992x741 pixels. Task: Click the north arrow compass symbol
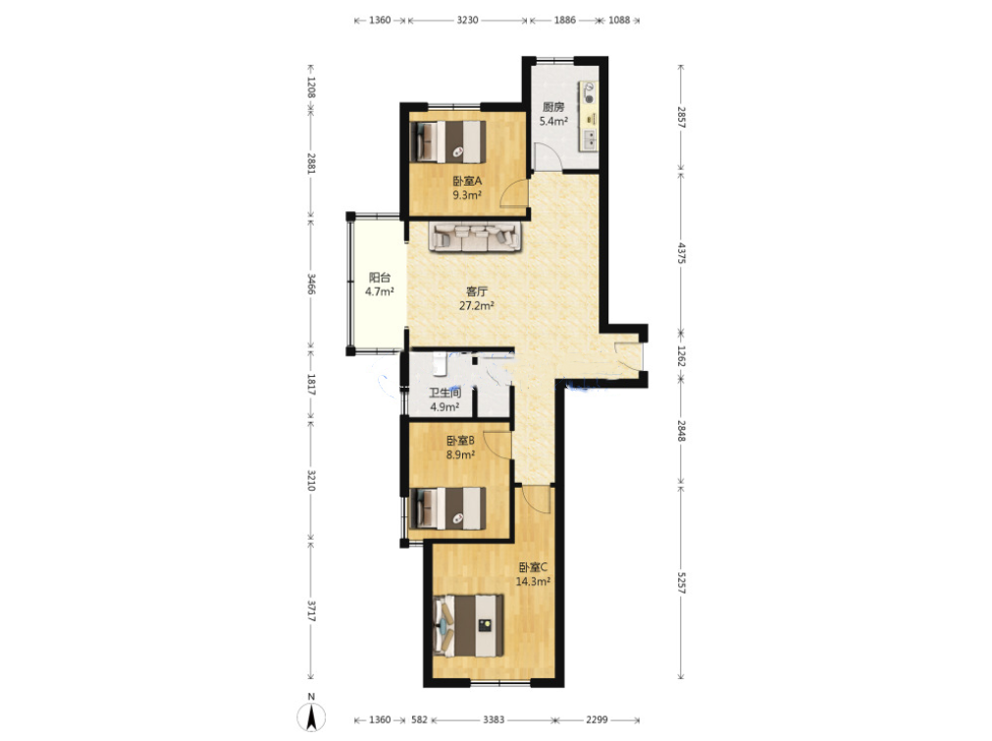point(311,716)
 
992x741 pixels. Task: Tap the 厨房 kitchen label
point(553,107)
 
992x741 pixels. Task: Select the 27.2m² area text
point(477,306)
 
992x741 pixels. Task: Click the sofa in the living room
point(475,237)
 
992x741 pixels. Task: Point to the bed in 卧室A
point(447,141)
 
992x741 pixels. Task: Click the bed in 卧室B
point(447,507)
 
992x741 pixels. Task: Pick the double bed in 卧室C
point(469,625)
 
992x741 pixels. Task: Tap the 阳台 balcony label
point(380,277)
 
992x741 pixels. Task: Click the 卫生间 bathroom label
point(444,393)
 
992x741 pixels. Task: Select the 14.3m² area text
point(533,582)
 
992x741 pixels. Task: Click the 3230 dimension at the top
point(467,20)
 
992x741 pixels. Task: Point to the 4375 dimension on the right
point(681,252)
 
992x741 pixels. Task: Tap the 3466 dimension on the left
point(311,284)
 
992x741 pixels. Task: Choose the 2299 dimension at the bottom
point(597,719)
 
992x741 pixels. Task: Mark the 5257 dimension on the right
point(681,583)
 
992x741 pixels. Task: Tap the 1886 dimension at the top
point(565,20)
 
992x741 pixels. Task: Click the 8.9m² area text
point(460,455)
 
